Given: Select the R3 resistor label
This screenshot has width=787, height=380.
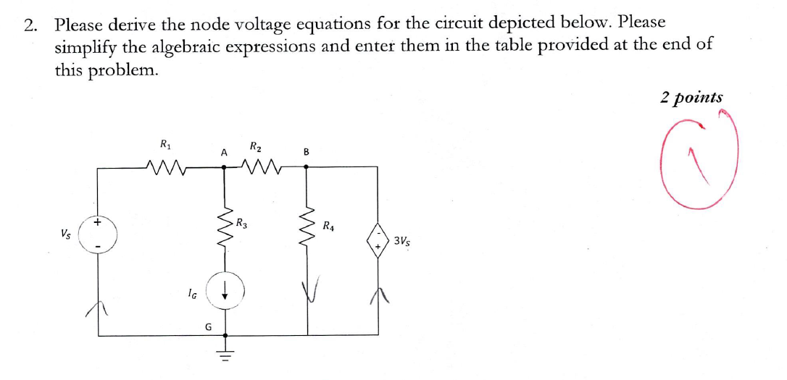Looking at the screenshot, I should tap(243, 223).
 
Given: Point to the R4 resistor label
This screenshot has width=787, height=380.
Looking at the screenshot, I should tap(329, 226).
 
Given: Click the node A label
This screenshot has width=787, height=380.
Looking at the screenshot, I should tap(224, 152).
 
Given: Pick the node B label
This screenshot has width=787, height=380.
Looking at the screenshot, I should tap(306, 152).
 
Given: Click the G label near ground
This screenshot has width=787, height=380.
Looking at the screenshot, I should tap(208, 326).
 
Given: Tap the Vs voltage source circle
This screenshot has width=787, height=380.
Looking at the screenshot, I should tap(98, 235).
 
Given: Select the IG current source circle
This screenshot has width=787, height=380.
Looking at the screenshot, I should tap(225, 292).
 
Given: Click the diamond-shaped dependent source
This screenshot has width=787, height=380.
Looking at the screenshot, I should tap(378, 238).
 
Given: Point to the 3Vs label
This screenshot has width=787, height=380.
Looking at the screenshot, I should tap(403, 241).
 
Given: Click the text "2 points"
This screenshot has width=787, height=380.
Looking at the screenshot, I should tap(691, 97).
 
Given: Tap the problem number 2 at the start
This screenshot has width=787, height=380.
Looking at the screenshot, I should tap(30, 25).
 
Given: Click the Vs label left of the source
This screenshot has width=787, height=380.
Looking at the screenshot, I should tap(67, 235).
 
